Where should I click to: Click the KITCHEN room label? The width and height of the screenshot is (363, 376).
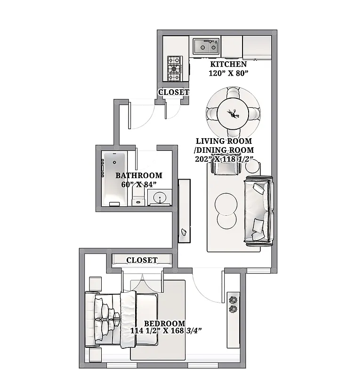(x=228, y=64)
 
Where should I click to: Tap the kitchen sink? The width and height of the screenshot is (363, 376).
(x=205, y=46)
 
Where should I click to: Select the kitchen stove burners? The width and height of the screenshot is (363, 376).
(x=174, y=68)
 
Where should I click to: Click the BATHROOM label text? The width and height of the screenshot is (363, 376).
(x=139, y=176)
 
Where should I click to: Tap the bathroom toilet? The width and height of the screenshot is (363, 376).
(x=138, y=200)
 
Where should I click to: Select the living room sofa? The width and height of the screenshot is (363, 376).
(x=258, y=211)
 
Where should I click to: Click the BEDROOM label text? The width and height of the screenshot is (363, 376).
(x=164, y=323)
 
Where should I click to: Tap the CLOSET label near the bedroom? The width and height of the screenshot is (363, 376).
(x=142, y=260)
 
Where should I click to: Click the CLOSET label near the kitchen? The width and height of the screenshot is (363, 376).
(x=173, y=92)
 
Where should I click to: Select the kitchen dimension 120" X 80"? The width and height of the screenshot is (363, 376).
(x=228, y=73)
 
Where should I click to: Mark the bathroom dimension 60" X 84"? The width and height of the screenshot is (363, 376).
(x=138, y=185)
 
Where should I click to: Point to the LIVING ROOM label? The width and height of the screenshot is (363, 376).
(x=224, y=141)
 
